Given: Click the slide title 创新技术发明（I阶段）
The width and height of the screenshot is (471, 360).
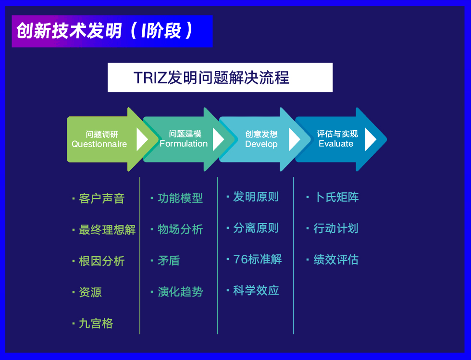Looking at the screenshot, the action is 105,31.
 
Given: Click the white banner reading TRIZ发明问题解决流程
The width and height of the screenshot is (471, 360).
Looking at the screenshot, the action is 220,77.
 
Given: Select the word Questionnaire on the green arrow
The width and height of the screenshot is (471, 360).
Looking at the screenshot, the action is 99,144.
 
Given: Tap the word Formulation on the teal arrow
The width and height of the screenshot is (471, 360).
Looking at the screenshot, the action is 184,144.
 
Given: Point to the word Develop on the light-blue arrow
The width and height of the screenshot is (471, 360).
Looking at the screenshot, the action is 261,144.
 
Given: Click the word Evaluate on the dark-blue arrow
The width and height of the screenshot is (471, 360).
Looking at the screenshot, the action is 336,144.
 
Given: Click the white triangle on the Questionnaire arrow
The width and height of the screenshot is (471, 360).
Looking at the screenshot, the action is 142,139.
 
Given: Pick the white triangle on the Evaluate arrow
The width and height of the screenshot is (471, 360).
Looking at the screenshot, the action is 371,139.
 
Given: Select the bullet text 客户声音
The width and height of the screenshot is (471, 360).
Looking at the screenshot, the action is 101,199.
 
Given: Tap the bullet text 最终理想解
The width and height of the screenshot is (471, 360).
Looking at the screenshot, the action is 107,230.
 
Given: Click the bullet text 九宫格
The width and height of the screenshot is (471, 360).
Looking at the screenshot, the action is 96,323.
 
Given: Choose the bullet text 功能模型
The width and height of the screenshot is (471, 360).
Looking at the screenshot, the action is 180,198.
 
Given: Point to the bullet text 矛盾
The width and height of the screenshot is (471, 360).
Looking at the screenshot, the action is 169,261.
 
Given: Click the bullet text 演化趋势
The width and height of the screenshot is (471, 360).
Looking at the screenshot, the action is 180,292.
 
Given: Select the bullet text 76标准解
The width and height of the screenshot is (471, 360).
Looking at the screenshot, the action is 258,259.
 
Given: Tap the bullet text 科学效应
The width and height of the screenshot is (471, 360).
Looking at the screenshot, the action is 256,290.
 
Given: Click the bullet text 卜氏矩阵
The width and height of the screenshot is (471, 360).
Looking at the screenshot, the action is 336,197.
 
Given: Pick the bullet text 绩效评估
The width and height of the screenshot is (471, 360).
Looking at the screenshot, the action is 336,260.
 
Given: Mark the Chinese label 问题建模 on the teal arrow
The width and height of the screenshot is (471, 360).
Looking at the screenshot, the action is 185,134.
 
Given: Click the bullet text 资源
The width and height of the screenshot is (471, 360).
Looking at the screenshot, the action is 90,292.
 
